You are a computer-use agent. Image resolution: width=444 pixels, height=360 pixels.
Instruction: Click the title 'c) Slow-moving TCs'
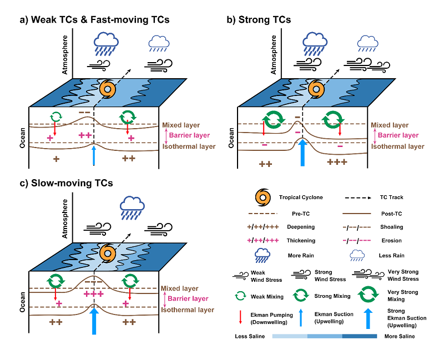click(66, 183)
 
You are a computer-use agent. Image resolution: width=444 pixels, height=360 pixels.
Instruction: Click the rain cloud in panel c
click(134, 207)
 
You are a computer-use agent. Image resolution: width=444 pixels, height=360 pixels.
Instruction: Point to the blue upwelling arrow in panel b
click(302, 153)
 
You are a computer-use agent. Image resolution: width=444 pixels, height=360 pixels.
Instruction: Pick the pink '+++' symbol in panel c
click(93, 295)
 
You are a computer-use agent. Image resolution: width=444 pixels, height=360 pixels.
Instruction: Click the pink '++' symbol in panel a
click(85, 135)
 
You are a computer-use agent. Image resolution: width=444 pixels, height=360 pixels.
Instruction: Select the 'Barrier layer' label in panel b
click(396, 135)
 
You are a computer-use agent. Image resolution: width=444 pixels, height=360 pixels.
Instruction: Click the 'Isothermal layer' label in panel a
click(188, 146)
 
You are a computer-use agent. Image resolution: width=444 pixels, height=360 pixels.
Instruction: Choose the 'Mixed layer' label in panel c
click(179, 288)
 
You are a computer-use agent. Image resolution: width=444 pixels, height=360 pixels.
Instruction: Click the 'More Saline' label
click(399, 336)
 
